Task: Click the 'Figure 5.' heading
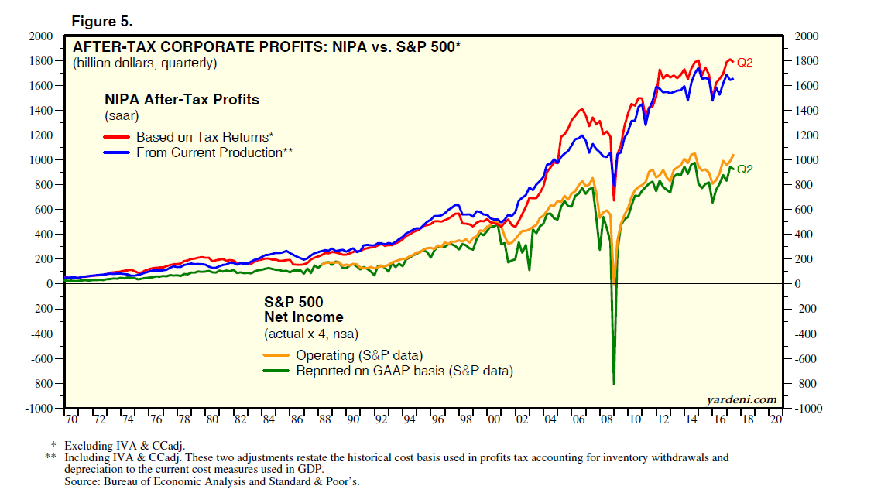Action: point(98,21)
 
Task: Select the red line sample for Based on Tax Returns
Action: point(117,137)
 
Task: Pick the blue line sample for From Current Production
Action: point(117,152)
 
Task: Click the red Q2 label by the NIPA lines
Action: point(745,62)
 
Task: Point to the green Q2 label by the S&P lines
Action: point(745,169)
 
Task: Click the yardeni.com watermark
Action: point(741,399)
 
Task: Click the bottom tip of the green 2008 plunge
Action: point(614,384)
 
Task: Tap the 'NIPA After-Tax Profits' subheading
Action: point(182,100)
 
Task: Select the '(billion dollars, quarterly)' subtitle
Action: point(145,63)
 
